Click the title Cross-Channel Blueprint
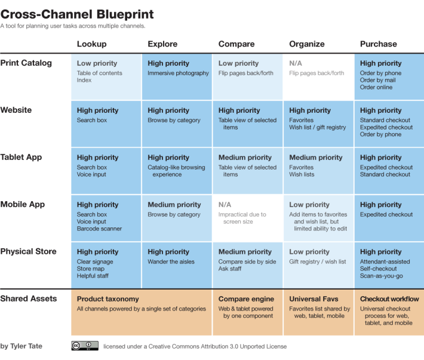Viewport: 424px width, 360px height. [x=77, y=14]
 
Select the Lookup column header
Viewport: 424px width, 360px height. [x=91, y=44]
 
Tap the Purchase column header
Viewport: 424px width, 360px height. [x=378, y=44]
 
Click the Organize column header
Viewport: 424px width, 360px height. [x=307, y=44]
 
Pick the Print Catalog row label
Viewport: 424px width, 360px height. [x=26, y=63]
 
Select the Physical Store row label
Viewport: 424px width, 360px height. [x=28, y=252]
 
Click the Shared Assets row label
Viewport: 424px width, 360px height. [x=29, y=299]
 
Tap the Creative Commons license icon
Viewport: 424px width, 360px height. [x=85, y=346]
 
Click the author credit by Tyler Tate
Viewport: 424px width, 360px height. [x=21, y=346]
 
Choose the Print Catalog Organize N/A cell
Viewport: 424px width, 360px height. [x=295, y=63]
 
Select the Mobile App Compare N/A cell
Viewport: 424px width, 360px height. [x=225, y=205]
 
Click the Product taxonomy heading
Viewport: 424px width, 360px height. [x=107, y=299]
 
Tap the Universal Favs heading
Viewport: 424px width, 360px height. [x=314, y=299]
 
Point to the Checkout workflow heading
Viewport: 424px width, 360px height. [x=389, y=299]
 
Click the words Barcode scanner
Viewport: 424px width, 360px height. [x=99, y=229]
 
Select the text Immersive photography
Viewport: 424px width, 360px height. [x=178, y=73]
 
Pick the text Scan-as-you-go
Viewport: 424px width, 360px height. [x=381, y=276]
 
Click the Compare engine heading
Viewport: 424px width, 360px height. [x=246, y=299]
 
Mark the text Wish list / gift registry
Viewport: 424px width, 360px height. [x=317, y=127]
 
